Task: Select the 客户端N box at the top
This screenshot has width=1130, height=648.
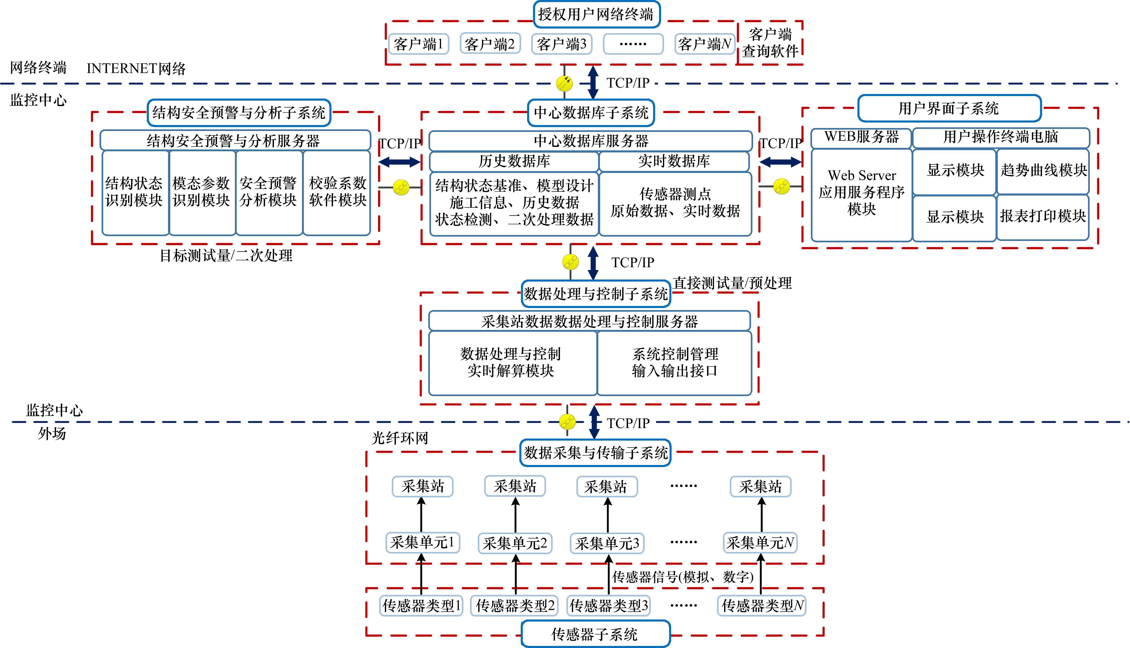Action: click(704, 44)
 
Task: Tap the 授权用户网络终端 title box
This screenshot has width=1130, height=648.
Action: click(596, 15)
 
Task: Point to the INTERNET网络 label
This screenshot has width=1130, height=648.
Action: click(136, 68)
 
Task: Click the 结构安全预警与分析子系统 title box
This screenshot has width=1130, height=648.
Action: click(239, 112)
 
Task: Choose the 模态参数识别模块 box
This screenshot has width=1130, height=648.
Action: click(202, 192)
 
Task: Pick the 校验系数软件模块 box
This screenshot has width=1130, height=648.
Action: click(337, 192)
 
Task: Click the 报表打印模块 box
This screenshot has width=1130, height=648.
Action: click(1043, 217)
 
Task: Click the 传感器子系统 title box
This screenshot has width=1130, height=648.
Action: click(595, 634)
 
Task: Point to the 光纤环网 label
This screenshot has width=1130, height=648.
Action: click(400, 438)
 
